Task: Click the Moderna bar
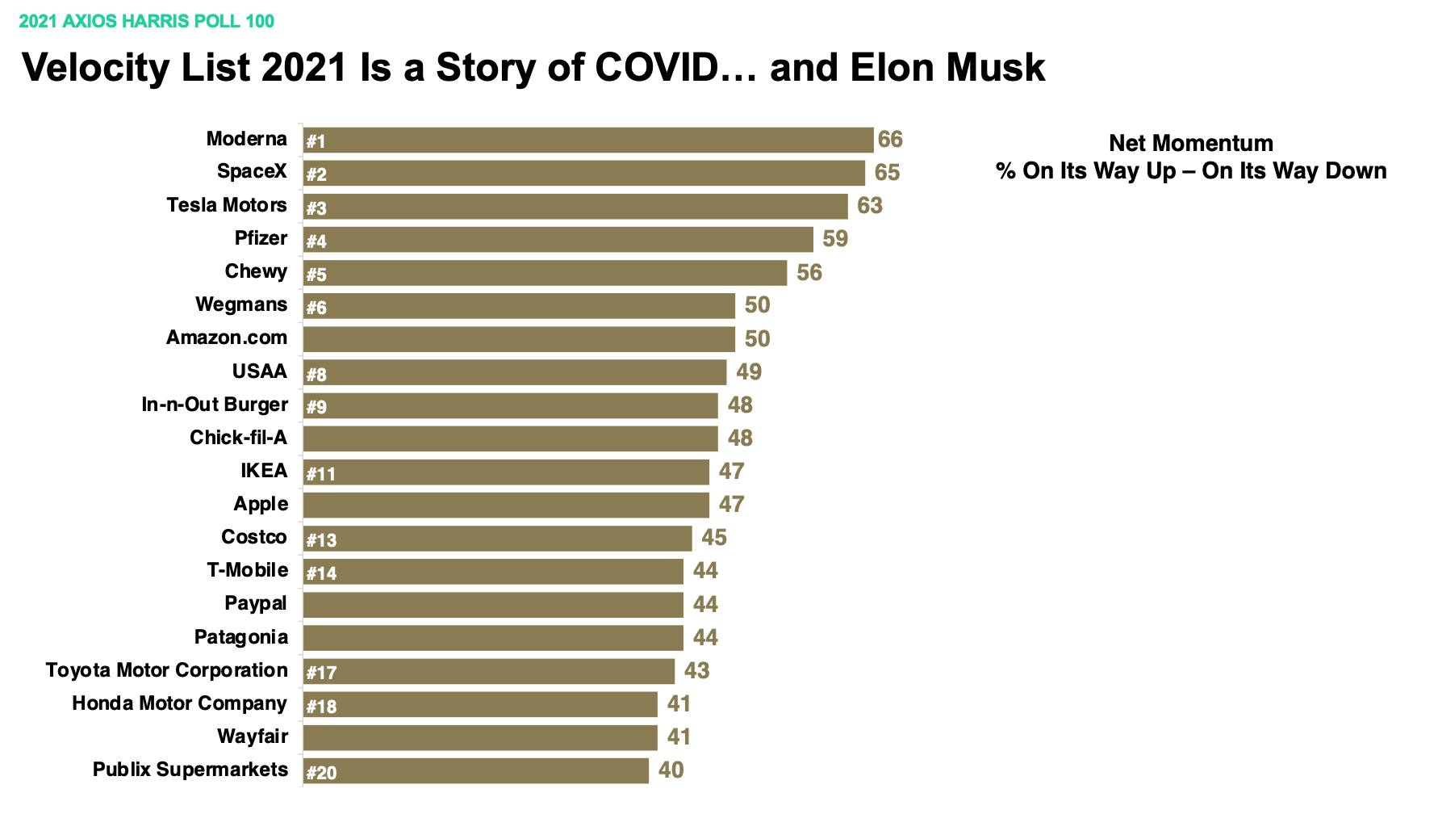[x=587, y=140]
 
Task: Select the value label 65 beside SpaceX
[x=887, y=173]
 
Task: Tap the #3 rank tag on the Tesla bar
[x=316, y=208]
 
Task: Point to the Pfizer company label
[x=261, y=238]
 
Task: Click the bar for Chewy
[x=545, y=273]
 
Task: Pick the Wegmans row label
[x=241, y=304]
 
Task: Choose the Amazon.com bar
[x=519, y=339]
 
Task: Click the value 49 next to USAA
[x=749, y=371]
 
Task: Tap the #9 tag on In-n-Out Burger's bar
[x=316, y=407]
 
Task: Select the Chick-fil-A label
[x=238, y=438]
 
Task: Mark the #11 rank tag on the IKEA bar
[x=320, y=474]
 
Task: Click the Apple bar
[x=506, y=506]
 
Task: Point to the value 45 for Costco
[x=714, y=538]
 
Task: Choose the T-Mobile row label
[x=248, y=570]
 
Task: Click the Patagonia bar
[x=493, y=638]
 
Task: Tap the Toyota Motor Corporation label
[x=167, y=670]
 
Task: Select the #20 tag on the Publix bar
[x=321, y=773]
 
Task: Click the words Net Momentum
[x=1191, y=144]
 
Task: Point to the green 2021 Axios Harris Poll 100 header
[x=147, y=21]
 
